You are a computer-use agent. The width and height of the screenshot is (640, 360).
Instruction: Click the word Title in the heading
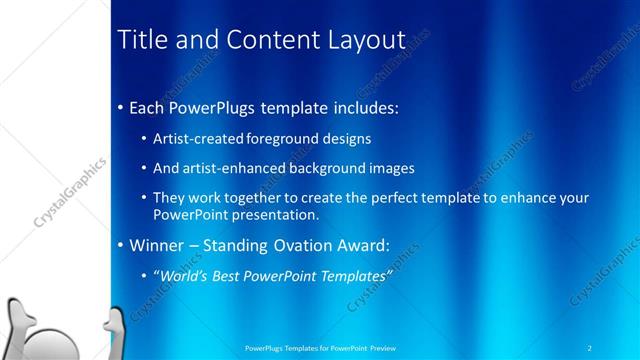142,40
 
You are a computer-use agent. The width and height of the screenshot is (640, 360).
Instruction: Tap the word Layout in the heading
366,40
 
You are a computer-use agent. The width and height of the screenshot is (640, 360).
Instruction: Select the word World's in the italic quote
183,277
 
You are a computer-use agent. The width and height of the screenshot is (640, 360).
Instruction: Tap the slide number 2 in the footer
591,348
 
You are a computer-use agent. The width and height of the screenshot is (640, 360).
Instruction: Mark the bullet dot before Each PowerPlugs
121,107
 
